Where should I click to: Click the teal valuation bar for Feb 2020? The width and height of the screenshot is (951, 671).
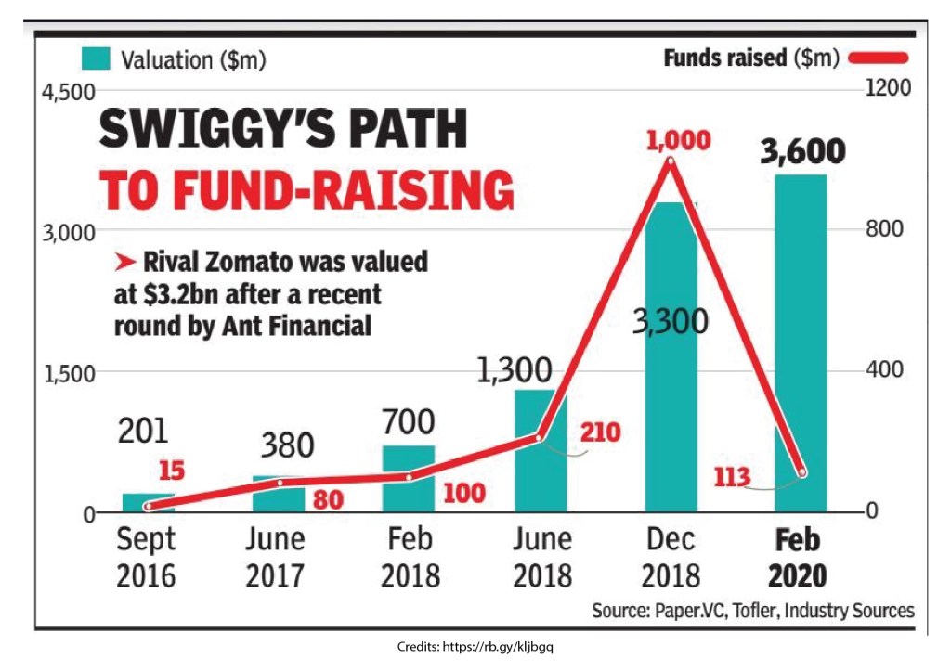pyautogui.click(x=801, y=343)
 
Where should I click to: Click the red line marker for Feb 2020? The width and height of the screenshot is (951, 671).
pyautogui.click(x=802, y=472)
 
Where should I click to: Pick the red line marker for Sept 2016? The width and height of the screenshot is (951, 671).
pyautogui.click(x=148, y=506)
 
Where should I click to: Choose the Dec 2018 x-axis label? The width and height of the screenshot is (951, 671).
pyautogui.click(x=671, y=557)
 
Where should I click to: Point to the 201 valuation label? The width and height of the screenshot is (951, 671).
pyautogui.click(x=143, y=431)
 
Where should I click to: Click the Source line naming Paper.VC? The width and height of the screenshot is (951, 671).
pyautogui.click(x=752, y=611)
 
